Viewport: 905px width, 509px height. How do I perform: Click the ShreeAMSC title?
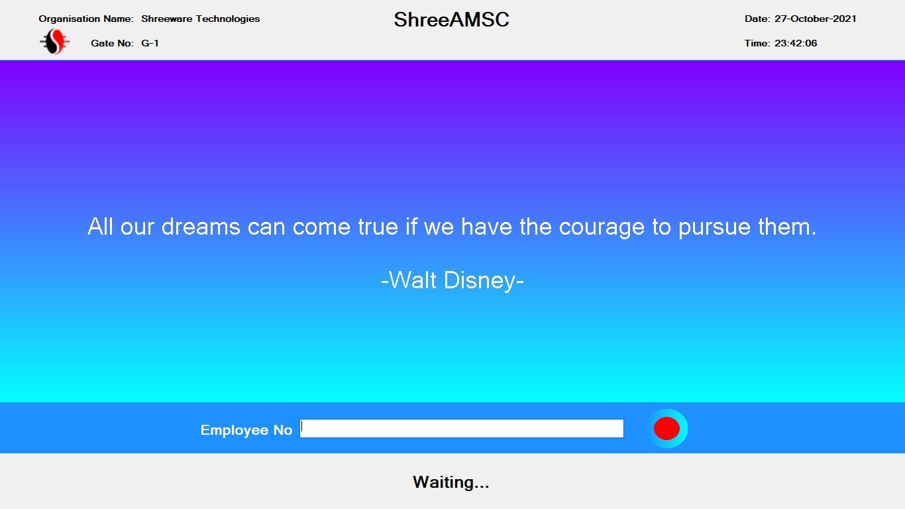pos(451,19)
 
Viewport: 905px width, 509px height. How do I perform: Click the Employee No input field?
pos(461,428)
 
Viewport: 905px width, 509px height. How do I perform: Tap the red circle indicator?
pos(666,428)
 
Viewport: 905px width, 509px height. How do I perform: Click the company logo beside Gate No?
pos(55,42)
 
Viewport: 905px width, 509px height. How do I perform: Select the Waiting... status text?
pos(451,482)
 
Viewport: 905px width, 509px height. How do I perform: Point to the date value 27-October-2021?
pos(816,19)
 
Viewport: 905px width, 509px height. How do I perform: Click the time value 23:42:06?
pos(796,43)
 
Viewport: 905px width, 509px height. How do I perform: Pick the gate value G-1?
pos(150,43)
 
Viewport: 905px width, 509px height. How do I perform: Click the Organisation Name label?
pos(86,19)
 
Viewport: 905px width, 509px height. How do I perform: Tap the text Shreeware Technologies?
pos(200,19)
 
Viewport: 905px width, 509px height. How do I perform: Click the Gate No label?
pos(113,43)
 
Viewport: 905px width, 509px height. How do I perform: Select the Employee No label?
pos(246,429)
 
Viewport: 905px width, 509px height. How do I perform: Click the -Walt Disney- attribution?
pos(452,280)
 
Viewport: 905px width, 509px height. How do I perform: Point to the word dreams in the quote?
pos(201,227)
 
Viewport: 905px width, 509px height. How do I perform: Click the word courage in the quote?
pos(602,227)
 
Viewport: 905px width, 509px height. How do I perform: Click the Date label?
pos(757,19)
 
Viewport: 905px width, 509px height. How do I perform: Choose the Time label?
pos(757,43)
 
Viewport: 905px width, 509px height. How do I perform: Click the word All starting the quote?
pos(101,226)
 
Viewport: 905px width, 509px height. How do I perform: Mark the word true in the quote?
pos(378,227)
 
